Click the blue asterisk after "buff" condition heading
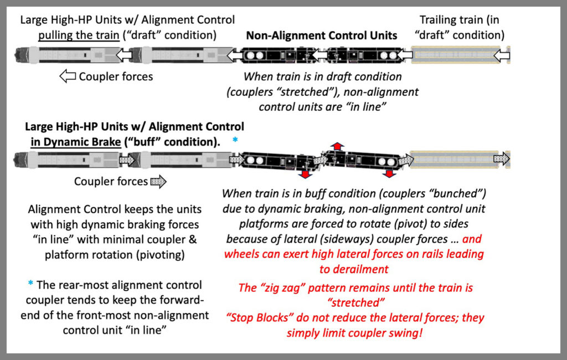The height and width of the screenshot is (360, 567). (235, 140)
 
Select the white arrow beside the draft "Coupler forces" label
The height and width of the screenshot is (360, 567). (68, 76)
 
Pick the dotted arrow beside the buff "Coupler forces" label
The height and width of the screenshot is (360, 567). (158, 182)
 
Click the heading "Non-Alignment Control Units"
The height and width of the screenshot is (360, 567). (321, 35)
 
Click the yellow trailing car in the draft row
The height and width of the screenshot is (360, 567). (454, 55)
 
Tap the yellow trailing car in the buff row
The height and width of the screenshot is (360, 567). (454, 160)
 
